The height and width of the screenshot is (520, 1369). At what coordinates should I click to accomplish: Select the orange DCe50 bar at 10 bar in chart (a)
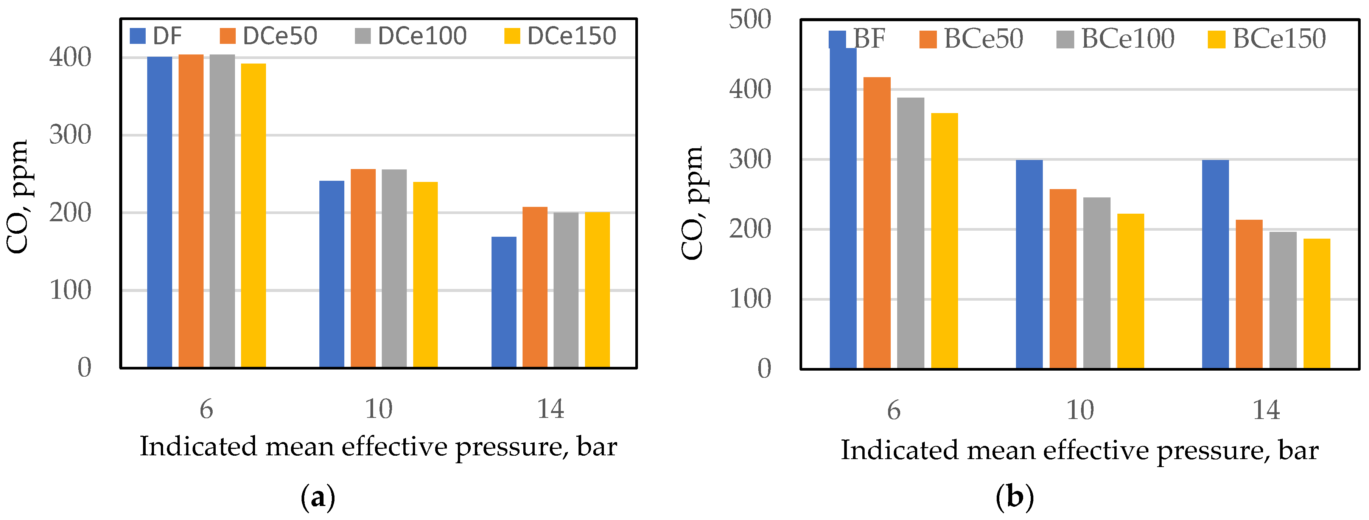click(x=363, y=268)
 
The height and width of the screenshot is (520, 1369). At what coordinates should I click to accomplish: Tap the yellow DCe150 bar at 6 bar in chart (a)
click(x=254, y=215)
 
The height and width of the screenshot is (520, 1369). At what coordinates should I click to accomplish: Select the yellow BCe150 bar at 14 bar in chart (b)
click(x=1316, y=303)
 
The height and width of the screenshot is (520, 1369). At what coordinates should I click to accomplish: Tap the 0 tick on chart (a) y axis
click(x=84, y=368)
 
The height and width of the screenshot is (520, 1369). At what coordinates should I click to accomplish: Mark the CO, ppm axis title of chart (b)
click(x=692, y=203)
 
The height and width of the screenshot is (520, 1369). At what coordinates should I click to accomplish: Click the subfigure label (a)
click(x=318, y=497)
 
